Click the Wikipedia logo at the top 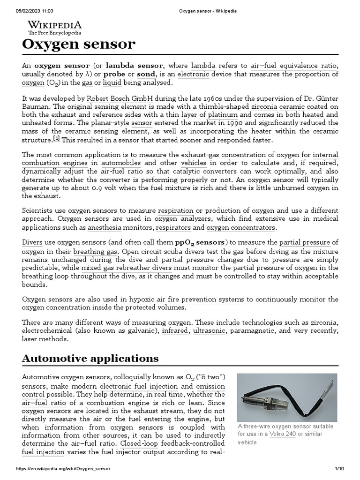coord(54,27)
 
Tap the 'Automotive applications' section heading coord(90,359)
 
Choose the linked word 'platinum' coord(223,115)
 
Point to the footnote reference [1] coord(57,138)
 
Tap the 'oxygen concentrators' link coord(241,228)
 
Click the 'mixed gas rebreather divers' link coord(127,268)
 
